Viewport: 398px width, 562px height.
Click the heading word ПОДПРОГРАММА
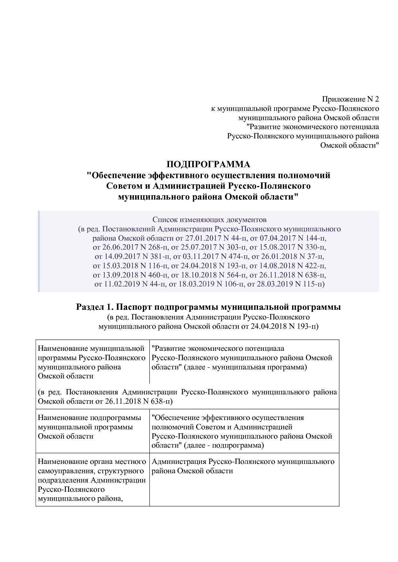(208, 164)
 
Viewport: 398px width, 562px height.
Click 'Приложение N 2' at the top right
(350, 99)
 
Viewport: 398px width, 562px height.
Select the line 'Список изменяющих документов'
(209, 220)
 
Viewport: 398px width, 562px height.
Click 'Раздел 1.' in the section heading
(95, 307)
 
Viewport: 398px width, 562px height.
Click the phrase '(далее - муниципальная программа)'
(246, 367)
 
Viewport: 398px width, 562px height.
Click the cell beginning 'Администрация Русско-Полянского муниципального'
(243, 462)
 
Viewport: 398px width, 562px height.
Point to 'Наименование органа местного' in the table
(92, 462)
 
